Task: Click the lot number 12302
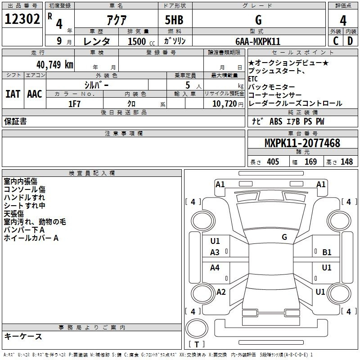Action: [x=22, y=19]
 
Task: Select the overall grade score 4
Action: [x=343, y=21]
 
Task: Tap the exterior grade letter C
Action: [x=336, y=41]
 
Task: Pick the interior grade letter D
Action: [x=350, y=41]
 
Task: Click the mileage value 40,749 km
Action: [x=55, y=65]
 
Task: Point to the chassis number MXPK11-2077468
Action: [x=302, y=143]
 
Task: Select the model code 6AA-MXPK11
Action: [x=258, y=41]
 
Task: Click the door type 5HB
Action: [x=174, y=20]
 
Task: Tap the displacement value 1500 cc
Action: [x=141, y=41]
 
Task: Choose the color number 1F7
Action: [x=75, y=104]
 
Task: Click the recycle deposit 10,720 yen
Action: [x=228, y=104]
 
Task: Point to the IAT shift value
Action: [x=13, y=94]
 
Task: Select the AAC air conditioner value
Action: [x=35, y=94]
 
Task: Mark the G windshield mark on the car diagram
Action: [x=284, y=237]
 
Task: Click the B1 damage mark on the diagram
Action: [x=327, y=252]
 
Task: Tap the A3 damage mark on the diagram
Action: [x=215, y=252]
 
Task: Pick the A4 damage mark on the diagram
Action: [x=215, y=267]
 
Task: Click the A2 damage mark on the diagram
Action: [x=221, y=292]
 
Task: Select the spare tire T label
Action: [x=197, y=344]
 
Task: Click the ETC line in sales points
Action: [x=253, y=79]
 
